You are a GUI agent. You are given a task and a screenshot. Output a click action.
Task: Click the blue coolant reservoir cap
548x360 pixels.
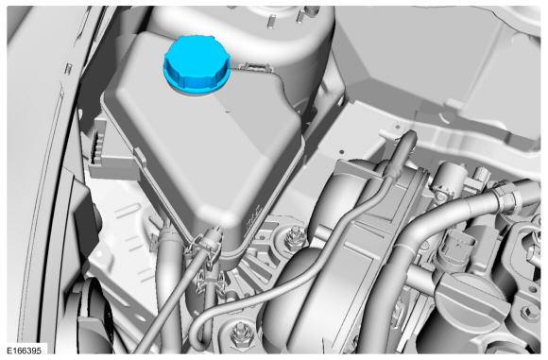[x=197, y=64]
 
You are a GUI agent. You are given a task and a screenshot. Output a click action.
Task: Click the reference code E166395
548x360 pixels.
[x=25, y=351]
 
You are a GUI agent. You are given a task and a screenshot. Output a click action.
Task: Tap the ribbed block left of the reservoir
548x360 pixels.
[x=99, y=146]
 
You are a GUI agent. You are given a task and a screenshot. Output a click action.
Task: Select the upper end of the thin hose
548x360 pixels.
[x=407, y=136]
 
